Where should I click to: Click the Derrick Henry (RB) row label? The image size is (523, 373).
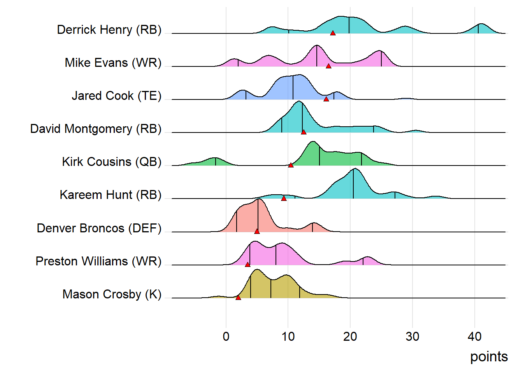(109, 30)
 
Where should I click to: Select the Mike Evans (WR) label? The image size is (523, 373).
(113, 63)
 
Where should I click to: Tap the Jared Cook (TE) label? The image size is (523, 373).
(116, 96)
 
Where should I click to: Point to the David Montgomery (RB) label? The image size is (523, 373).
(96, 129)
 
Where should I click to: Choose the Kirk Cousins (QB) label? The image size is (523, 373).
(112, 162)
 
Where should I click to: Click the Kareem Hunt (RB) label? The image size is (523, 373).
(111, 195)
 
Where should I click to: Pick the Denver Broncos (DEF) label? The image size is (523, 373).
(99, 228)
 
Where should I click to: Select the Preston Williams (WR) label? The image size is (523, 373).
(98, 261)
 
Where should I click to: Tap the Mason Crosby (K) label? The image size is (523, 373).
(112, 294)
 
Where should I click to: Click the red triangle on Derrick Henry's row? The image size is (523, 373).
(333, 33)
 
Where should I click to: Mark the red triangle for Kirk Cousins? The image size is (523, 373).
(291, 165)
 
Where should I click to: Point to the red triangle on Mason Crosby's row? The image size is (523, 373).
(238, 298)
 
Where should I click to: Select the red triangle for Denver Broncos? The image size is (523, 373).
(257, 232)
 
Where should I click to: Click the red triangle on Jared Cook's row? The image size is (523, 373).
(326, 99)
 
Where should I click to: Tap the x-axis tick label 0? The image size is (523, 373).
(226, 336)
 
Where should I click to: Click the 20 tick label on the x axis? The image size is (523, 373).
(350, 336)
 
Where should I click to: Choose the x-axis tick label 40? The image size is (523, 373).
(474, 336)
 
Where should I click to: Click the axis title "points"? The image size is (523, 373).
(489, 357)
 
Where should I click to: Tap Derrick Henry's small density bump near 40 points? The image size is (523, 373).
(481, 29)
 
